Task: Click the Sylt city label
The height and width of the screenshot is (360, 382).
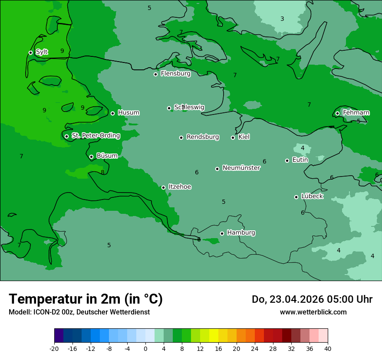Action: click(x=42, y=52)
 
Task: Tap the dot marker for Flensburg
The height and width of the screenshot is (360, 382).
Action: click(x=155, y=74)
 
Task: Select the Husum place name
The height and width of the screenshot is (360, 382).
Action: click(x=128, y=113)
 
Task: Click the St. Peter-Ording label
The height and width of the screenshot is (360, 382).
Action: click(x=95, y=136)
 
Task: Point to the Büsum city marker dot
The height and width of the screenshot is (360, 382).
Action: click(x=91, y=157)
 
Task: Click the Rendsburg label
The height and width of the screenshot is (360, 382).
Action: click(x=203, y=137)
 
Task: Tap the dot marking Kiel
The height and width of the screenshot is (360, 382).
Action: click(x=233, y=137)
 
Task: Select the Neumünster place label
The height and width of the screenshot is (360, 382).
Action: click(x=241, y=168)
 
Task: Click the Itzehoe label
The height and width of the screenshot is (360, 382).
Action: click(x=180, y=187)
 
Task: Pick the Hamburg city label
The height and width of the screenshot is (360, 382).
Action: click(x=241, y=233)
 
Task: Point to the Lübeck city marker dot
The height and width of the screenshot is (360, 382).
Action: click(x=296, y=197)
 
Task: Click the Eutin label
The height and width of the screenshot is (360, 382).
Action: click(x=300, y=160)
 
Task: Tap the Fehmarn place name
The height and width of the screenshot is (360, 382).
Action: click(x=356, y=113)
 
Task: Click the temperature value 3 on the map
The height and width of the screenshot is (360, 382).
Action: click(x=282, y=19)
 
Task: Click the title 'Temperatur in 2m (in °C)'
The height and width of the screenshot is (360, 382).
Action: click(x=86, y=299)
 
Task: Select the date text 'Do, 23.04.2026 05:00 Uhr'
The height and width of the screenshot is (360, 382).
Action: click(x=312, y=299)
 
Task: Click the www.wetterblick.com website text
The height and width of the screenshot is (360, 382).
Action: click(x=313, y=312)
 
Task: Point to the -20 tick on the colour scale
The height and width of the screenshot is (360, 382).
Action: click(x=54, y=348)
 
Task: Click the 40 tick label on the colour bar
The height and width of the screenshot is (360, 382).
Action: click(x=327, y=348)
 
